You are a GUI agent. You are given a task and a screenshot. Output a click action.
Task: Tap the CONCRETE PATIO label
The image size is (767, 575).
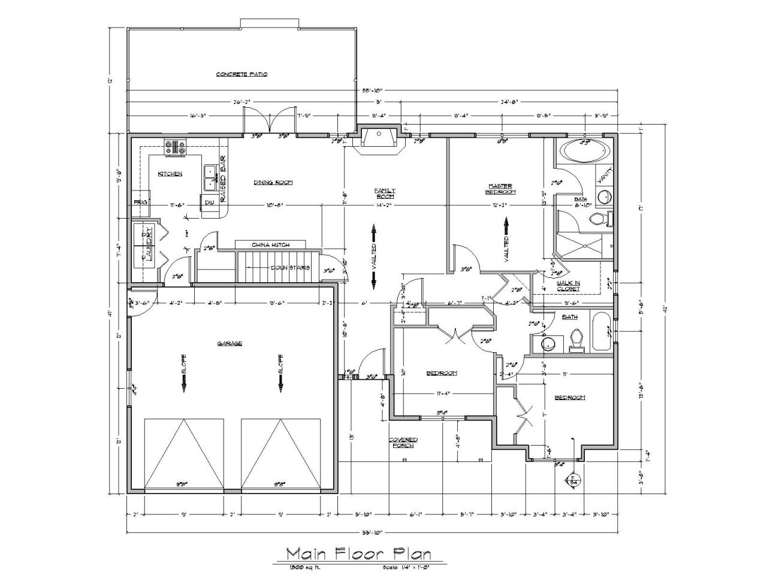241,74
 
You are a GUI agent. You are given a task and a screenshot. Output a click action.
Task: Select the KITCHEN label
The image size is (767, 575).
170,174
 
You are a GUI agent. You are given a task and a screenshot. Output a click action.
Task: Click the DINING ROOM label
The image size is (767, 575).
273,183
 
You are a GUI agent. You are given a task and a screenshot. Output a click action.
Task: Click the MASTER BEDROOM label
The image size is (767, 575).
500,189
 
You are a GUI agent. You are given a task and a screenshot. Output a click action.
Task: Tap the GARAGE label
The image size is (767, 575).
230,343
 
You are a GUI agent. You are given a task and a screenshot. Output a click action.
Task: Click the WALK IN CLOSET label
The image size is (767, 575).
568,286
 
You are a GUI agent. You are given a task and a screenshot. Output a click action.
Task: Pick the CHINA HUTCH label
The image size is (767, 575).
271,245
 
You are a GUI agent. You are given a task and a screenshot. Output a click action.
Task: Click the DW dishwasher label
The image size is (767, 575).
209,203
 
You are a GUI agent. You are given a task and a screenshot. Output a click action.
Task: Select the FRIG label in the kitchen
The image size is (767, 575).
140,202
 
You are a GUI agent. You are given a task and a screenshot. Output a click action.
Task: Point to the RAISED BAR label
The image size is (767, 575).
222,179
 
